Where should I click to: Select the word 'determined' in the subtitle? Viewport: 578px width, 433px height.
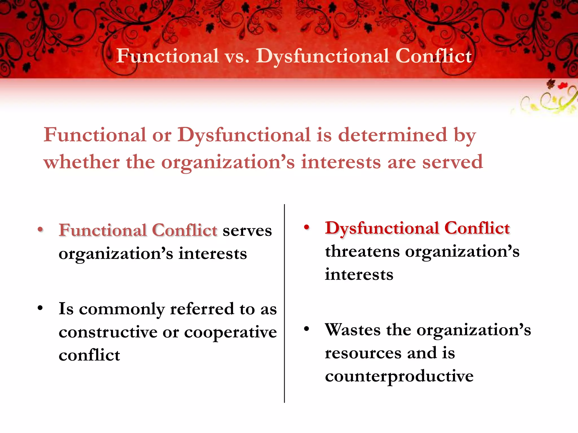(393, 135)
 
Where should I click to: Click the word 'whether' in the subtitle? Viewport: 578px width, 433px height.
(82, 162)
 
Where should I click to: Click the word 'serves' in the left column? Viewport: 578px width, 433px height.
(247, 231)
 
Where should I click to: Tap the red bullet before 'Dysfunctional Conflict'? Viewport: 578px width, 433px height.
(307, 227)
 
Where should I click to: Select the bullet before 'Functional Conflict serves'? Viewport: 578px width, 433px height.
(40, 229)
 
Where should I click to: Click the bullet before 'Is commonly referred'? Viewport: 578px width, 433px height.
(40, 308)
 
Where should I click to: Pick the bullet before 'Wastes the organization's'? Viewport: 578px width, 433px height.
(307, 329)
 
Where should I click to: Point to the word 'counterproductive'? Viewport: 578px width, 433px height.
(399, 377)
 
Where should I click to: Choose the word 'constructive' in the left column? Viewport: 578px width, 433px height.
(108, 332)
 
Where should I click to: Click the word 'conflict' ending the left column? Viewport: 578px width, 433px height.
(89, 355)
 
